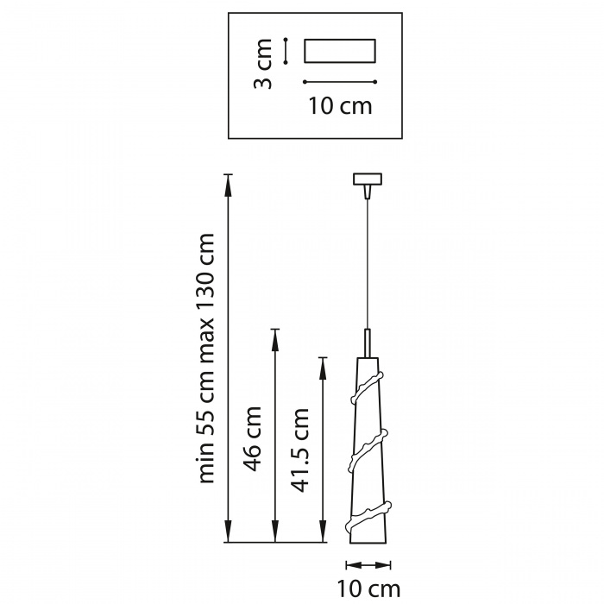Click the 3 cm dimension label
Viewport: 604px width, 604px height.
coord(262,64)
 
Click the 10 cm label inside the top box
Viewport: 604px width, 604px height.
coord(340,106)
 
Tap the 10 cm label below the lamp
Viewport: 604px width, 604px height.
coord(368,589)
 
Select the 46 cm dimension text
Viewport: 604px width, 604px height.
coord(253,438)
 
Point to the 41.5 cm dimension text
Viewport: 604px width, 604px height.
coord(300,450)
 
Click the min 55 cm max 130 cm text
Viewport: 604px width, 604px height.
coord(205,358)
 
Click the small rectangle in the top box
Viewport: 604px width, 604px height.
coord(340,50)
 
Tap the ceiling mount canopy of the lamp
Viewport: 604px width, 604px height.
coord(368,179)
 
